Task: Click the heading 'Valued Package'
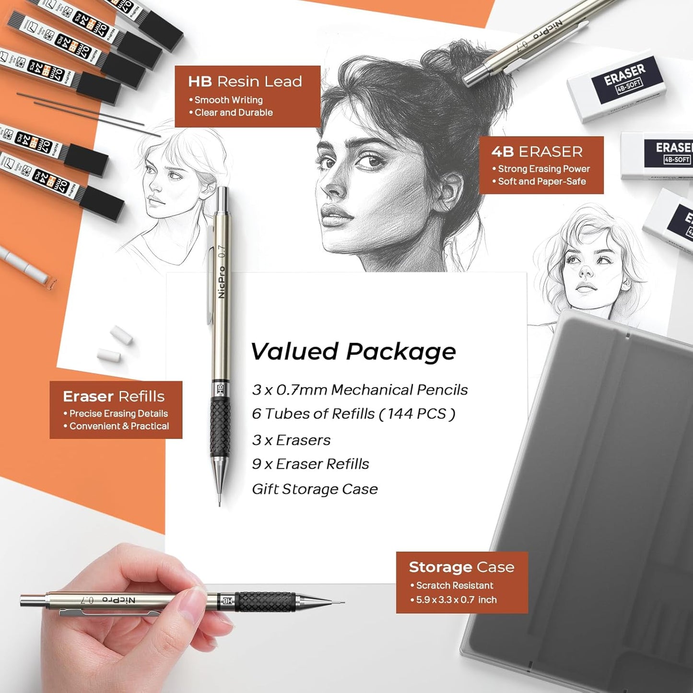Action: pos(353,352)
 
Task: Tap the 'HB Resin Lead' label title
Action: pos(245,82)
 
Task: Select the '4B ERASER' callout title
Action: pos(537,152)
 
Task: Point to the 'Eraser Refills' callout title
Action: pos(114,396)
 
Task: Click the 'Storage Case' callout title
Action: pos(461,567)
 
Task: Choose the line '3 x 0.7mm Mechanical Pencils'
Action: pos(360,390)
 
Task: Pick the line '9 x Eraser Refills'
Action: pos(310,464)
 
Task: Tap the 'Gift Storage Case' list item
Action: pos(315,489)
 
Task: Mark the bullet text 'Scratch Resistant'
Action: pos(454,586)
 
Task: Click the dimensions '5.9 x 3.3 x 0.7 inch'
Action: pos(456,600)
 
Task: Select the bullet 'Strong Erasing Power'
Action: pos(543,169)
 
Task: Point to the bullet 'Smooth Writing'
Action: pos(228,100)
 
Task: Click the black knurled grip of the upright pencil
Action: pos(220,427)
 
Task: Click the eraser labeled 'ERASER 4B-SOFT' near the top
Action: pos(618,86)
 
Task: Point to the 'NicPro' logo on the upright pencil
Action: pos(222,282)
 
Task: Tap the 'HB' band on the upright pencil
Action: pos(221,389)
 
